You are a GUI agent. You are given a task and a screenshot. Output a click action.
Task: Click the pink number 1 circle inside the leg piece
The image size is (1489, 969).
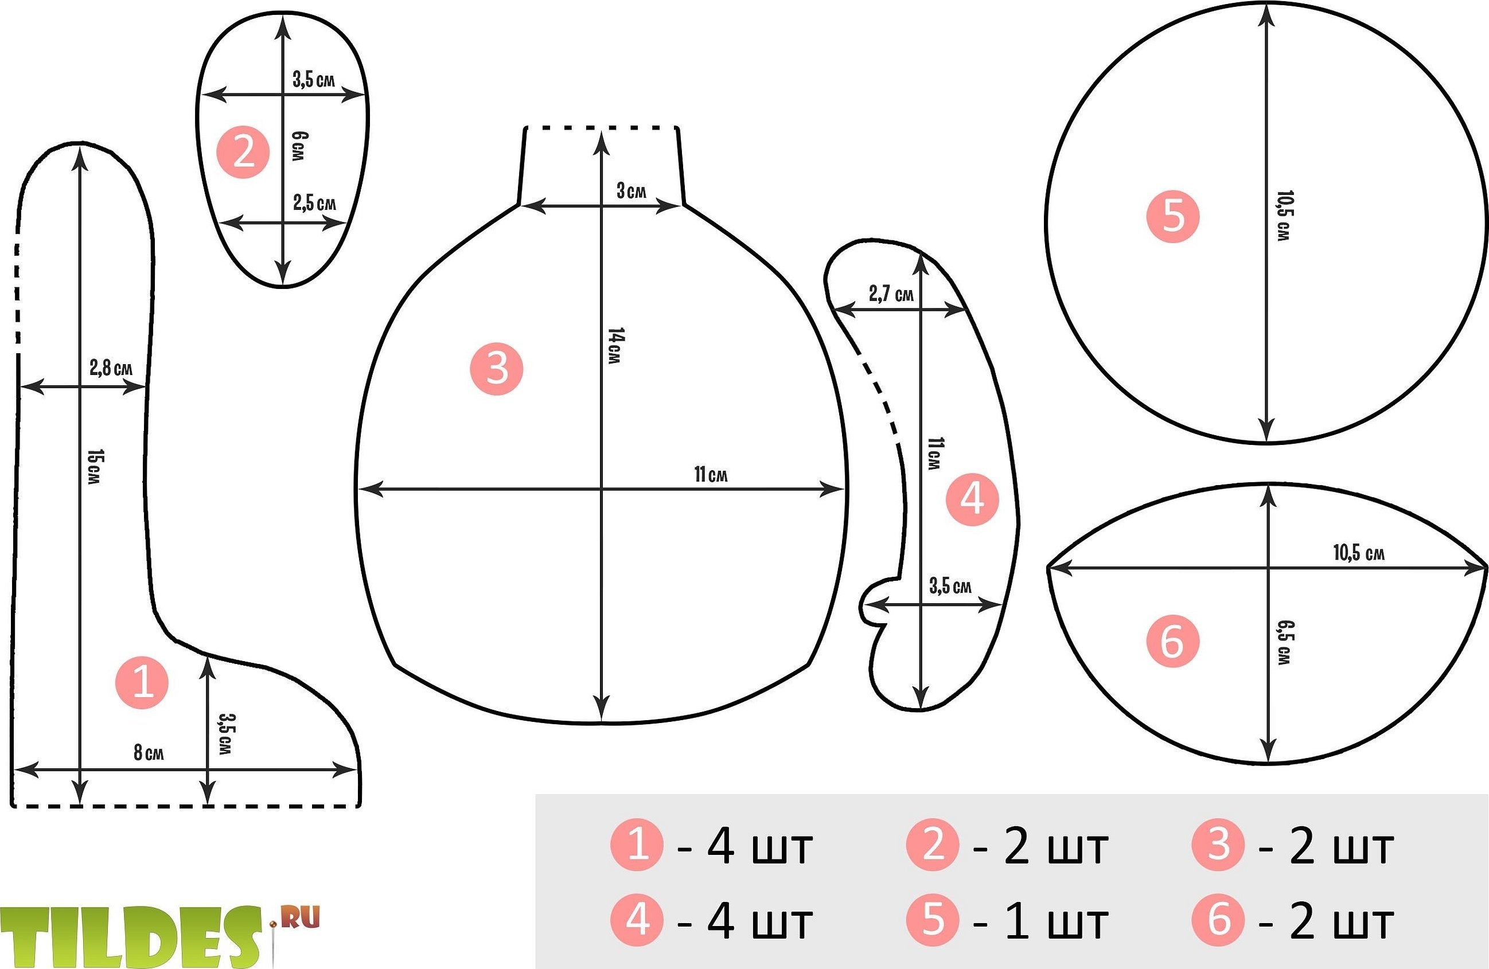(142, 682)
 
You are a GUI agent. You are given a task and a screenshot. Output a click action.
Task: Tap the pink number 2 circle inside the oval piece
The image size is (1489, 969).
(243, 152)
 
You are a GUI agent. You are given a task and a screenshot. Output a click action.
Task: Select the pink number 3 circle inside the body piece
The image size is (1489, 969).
(497, 369)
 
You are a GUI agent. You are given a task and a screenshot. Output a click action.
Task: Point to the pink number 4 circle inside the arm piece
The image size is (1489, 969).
(972, 499)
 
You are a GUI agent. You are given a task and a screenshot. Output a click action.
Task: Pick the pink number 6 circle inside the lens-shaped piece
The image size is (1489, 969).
(1172, 641)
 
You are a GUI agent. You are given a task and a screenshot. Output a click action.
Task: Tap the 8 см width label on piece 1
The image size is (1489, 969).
(149, 753)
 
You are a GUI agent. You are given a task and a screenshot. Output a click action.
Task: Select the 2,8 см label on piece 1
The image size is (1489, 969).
(111, 368)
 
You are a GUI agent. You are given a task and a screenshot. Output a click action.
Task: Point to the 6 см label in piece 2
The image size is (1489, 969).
(299, 146)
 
